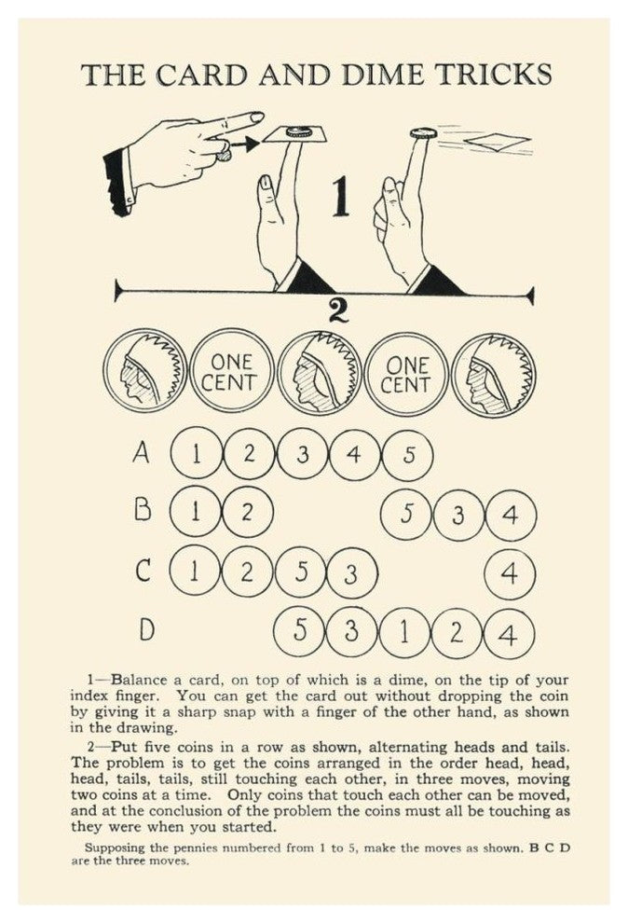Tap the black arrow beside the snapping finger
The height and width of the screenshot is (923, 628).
(244, 143)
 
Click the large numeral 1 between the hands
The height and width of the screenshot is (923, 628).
(339, 199)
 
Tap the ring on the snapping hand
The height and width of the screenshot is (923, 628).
(223, 155)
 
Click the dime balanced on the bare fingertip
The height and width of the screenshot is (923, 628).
(423, 133)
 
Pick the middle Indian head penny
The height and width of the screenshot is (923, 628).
(321, 372)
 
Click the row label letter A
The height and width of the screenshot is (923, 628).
(142, 453)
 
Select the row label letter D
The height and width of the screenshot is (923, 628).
(146, 628)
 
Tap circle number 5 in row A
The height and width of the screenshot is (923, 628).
(409, 454)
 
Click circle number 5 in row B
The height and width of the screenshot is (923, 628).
(406, 514)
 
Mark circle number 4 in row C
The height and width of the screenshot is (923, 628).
(510, 572)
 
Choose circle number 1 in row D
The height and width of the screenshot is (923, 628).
(404, 633)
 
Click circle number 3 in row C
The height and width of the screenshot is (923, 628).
(351, 572)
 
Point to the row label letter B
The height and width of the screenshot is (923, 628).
(143, 510)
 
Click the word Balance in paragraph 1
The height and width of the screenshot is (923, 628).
(140, 680)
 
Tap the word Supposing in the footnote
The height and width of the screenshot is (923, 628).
(113, 848)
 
